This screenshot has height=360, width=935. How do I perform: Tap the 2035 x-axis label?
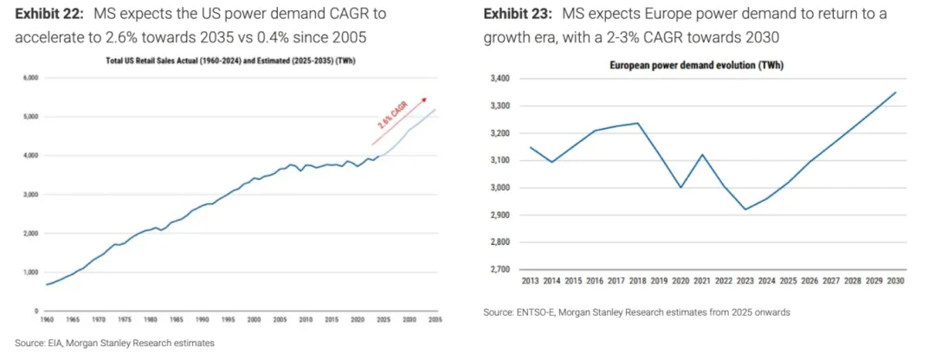point(435,320)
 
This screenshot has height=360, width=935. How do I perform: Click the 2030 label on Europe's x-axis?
point(895,282)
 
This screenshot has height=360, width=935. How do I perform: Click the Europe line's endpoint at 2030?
point(895,93)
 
